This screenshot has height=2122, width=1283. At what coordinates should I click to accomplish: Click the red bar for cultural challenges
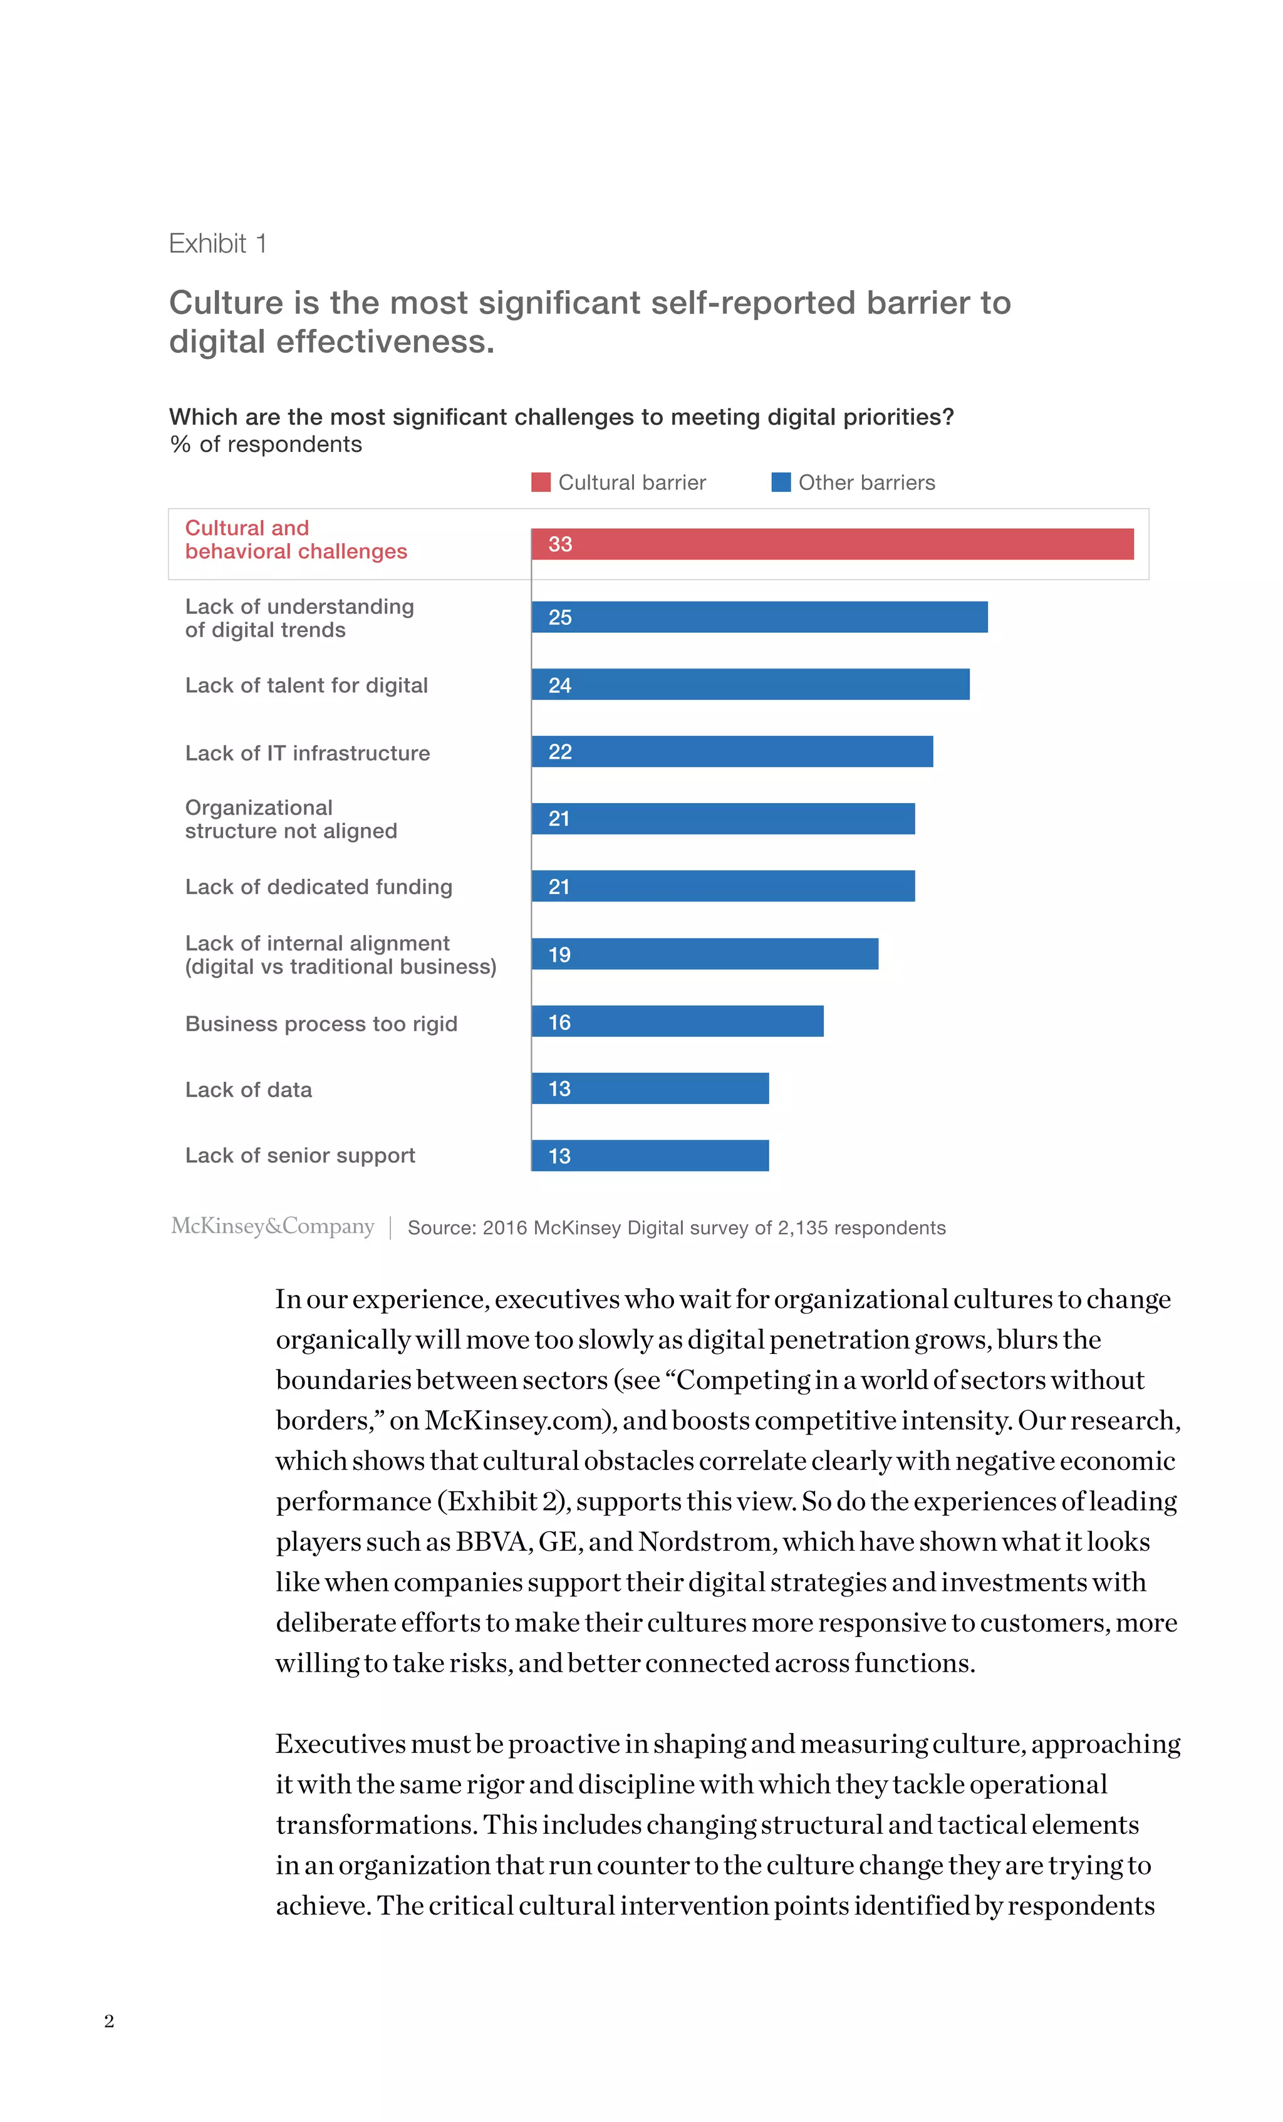832,544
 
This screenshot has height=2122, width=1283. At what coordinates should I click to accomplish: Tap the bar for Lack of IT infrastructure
732,752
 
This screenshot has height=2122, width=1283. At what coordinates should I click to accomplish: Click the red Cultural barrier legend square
541,482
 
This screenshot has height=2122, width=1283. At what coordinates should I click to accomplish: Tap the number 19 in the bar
559,955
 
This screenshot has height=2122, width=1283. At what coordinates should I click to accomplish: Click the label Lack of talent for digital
306,685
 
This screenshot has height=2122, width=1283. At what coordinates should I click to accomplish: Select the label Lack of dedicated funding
319,887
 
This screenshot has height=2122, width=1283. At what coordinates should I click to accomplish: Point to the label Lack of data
249,1090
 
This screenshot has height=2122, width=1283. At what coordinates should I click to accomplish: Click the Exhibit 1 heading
218,244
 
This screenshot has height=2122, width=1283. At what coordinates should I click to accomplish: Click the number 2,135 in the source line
803,1228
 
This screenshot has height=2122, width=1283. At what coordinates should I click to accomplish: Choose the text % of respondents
266,444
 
